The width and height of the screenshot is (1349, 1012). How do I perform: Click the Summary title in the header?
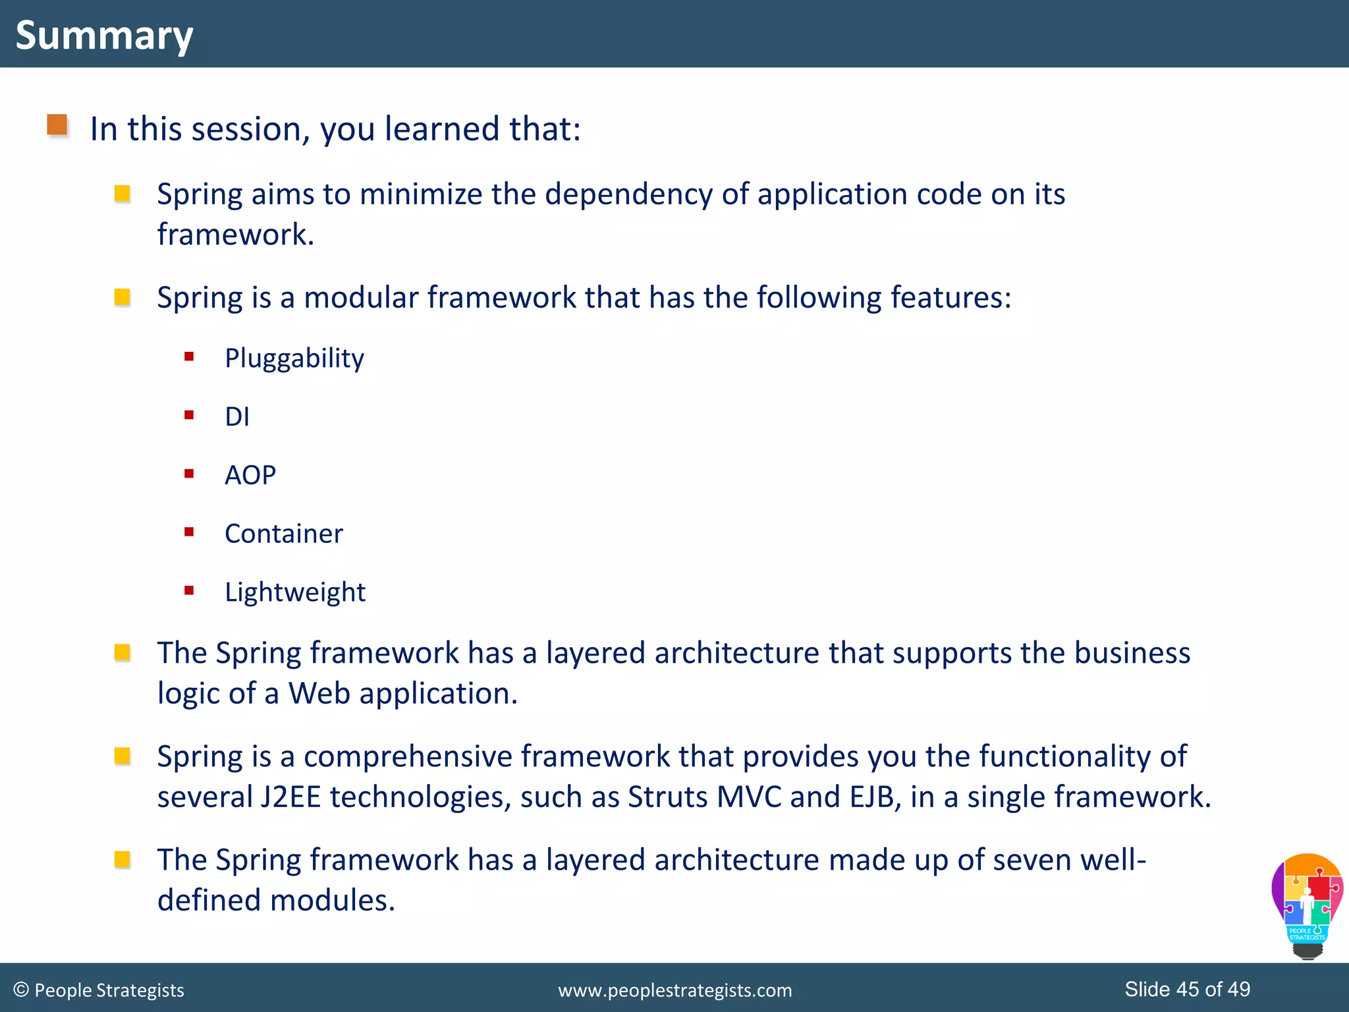click(104, 35)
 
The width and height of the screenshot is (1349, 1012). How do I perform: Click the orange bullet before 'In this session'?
click(57, 125)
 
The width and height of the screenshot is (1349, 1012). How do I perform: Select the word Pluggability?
click(294, 358)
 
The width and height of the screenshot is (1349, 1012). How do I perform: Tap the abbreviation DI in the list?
click(236, 417)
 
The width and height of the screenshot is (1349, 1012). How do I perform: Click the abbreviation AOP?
click(250, 475)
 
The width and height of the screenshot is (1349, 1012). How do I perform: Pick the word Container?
click(283, 534)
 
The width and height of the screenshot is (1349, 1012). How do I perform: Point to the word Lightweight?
click(294, 592)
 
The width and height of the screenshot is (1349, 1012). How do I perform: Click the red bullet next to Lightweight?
click(189, 590)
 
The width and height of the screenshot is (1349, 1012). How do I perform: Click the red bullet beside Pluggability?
click(189, 356)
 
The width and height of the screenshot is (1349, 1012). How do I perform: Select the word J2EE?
click(290, 797)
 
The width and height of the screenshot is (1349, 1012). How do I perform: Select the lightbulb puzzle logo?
click(1307, 906)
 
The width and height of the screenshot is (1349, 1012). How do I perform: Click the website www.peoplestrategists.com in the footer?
click(674, 990)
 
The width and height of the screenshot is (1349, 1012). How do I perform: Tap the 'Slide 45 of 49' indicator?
click(1187, 989)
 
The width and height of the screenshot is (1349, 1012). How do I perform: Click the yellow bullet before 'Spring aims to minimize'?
click(122, 194)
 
